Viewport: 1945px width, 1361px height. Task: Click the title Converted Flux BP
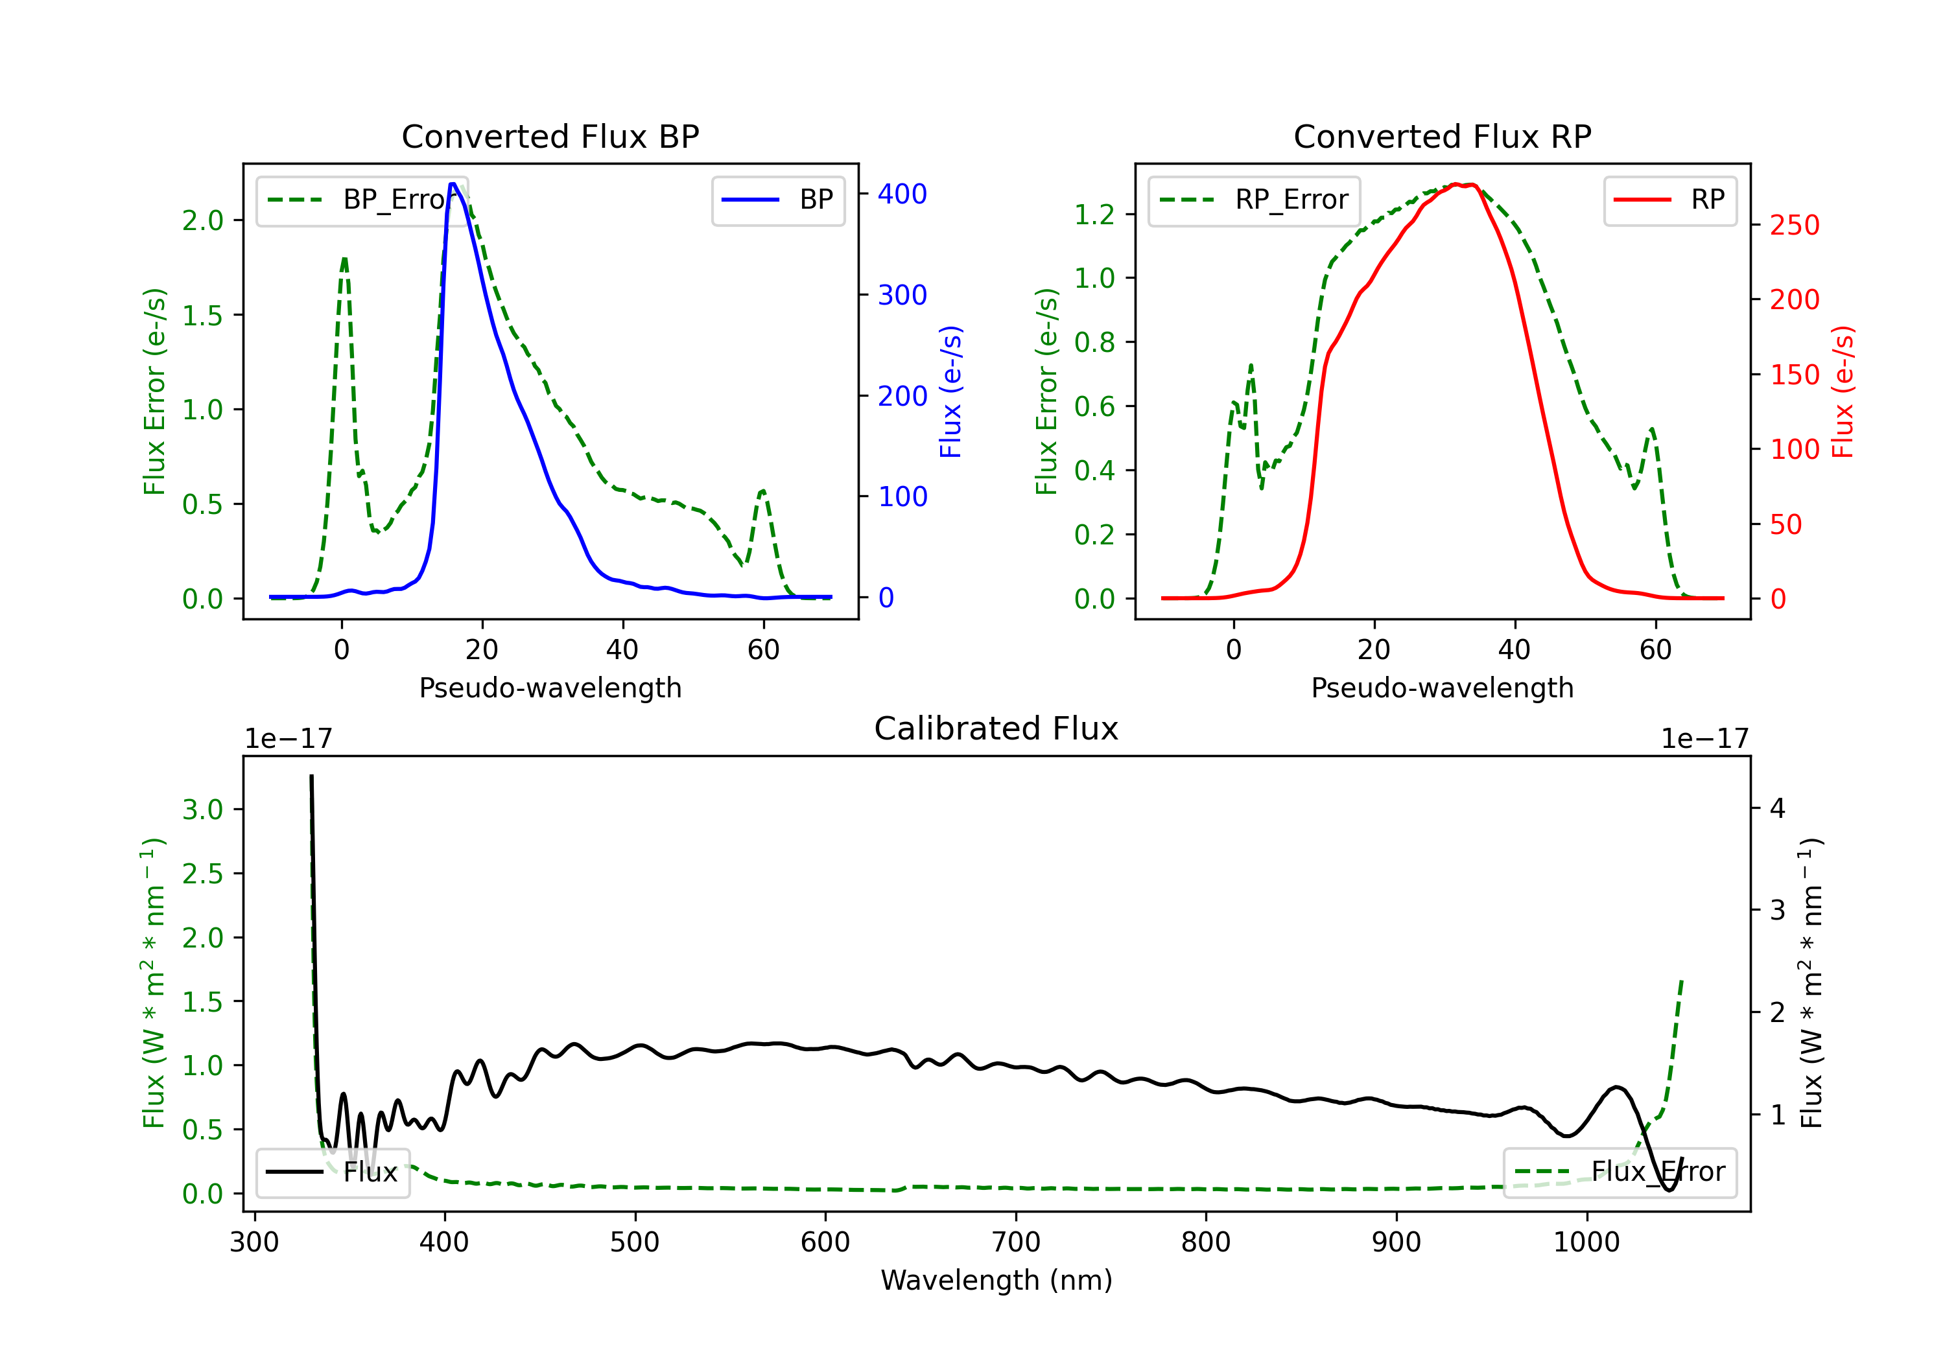(x=550, y=136)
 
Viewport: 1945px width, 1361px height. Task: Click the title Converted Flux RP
(x=1442, y=136)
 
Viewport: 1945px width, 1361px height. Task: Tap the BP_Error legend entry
(x=362, y=200)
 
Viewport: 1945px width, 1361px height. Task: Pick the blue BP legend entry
(x=777, y=200)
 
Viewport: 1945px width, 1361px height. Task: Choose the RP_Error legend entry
(x=1254, y=200)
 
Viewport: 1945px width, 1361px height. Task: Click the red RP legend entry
(x=1669, y=200)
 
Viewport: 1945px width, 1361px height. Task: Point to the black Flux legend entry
(x=333, y=1172)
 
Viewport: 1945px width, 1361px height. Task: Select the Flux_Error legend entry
(x=1619, y=1172)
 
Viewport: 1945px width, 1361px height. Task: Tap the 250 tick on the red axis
(x=1794, y=226)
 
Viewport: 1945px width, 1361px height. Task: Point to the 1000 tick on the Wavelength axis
(x=1586, y=1242)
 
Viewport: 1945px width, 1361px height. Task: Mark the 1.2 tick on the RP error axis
(x=1094, y=215)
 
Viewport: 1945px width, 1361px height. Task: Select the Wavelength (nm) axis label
(x=996, y=1280)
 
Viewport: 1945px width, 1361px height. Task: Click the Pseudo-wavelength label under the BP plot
(x=550, y=688)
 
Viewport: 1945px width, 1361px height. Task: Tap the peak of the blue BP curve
(x=453, y=184)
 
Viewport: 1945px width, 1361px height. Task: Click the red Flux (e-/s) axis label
(x=1843, y=391)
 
